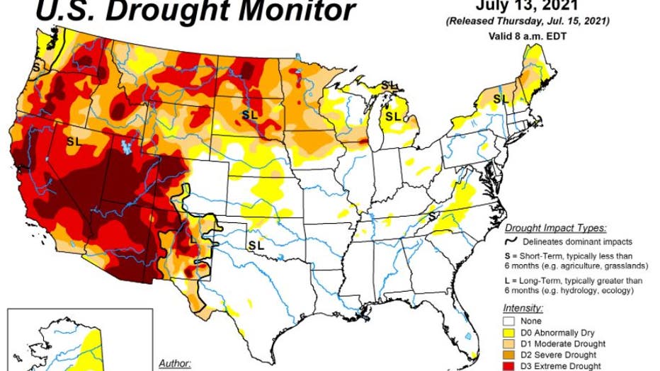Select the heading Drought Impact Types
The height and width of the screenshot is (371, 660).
point(555,228)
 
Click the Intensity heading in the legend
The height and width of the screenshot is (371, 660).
point(523,309)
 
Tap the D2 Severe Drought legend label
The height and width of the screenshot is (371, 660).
point(564,355)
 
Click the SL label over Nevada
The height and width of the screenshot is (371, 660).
point(74,141)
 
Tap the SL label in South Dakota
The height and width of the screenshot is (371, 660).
point(250,113)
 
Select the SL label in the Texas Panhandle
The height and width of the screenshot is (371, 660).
point(256,244)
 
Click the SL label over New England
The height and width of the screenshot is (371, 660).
point(501,98)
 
